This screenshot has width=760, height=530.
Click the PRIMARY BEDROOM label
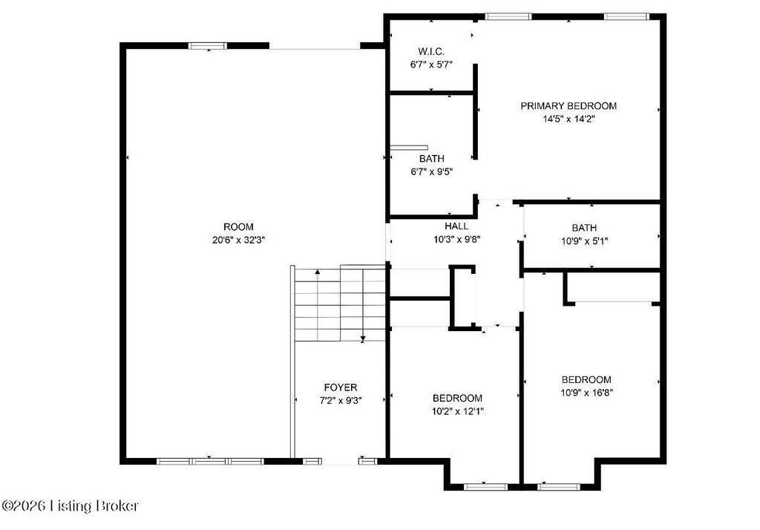(568, 105)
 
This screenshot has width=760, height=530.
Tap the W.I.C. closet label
(431, 52)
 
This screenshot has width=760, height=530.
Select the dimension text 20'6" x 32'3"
(238, 240)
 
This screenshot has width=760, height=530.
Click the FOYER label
(340, 387)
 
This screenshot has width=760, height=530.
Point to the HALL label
(456, 226)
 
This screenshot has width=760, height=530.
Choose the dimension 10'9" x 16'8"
(586, 393)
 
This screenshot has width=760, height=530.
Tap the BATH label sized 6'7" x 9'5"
(431, 159)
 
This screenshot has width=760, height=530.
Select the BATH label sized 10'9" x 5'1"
(583, 228)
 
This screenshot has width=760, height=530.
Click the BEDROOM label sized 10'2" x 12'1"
(457, 398)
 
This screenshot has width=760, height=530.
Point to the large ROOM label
(238, 226)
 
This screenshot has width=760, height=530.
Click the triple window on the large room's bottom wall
(210, 461)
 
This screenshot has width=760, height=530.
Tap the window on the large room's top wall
(208, 46)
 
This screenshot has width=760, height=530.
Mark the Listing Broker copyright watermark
(70, 506)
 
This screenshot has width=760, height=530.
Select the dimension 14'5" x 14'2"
(568, 119)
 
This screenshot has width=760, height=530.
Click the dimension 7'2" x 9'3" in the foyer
(340, 401)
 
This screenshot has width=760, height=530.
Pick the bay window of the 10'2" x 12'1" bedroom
(485, 487)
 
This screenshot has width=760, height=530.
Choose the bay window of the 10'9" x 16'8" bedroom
(558, 487)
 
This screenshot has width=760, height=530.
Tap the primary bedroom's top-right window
(626, 16)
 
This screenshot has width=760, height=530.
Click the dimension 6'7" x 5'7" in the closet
(431, 65)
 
